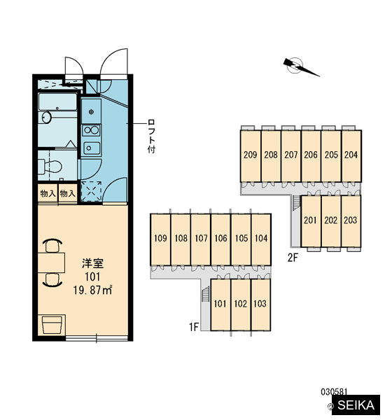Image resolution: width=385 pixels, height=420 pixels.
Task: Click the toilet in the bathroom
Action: pos(50,167)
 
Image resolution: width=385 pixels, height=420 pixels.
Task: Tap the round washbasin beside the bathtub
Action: pos(47,118)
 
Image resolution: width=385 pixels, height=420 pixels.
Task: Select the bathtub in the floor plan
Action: pos(57,101)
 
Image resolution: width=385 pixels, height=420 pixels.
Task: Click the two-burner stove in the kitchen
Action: pos(92,131)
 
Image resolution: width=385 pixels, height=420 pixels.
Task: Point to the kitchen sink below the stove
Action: pos(92,148)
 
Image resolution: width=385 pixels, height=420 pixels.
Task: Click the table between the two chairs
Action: pos(51,262)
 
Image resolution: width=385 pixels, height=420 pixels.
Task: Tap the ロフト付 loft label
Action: pos(151,136)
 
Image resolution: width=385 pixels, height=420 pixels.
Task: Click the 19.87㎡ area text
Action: pos(92,290)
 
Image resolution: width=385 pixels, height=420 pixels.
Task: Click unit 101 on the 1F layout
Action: pos(220,304)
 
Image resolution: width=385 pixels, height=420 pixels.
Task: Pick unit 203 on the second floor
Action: pos(351,221)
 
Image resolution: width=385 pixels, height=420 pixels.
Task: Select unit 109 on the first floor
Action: pos(160,239)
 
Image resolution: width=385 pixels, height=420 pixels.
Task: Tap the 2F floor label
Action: pos(293,258)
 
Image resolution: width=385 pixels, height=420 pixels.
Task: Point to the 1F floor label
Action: pos(194,327)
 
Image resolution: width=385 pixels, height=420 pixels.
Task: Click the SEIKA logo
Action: pos(356,405)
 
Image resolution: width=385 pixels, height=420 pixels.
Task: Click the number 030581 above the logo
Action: pos(334,392)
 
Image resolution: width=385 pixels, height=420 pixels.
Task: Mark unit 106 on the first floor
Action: pos(220,239)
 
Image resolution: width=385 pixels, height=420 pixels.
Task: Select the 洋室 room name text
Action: pos(92,263)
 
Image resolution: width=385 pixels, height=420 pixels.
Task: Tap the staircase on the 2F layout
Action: pos(295,202)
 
